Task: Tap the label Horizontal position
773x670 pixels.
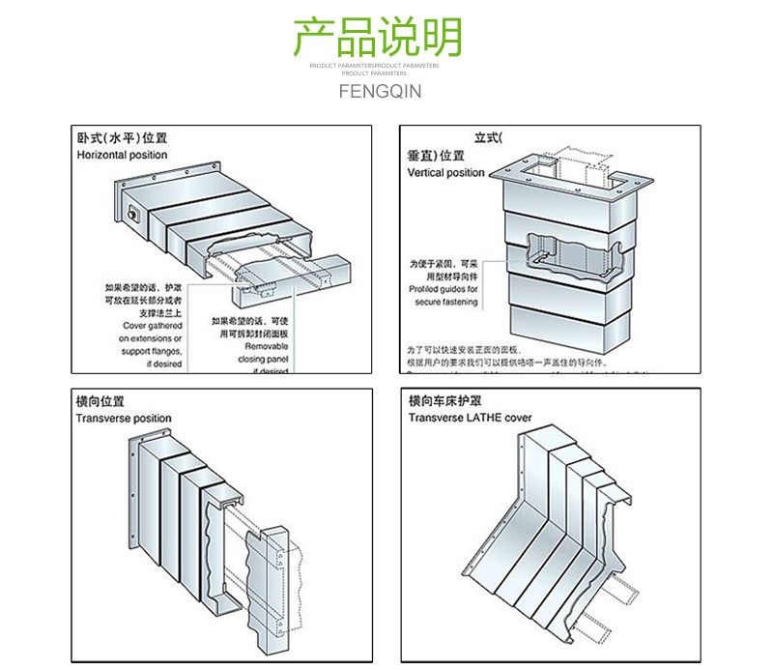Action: (x=122, y=155)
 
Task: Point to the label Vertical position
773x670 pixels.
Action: (x=445, y=172)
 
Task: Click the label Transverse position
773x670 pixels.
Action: (x=124, y=418)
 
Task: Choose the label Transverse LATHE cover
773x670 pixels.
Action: (x=470, y=418)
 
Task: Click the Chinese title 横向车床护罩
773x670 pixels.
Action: (x=444, y=401)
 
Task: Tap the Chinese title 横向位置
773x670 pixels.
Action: (x=100, y=401)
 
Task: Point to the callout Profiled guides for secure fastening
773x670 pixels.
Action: (x=445, y=295)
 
